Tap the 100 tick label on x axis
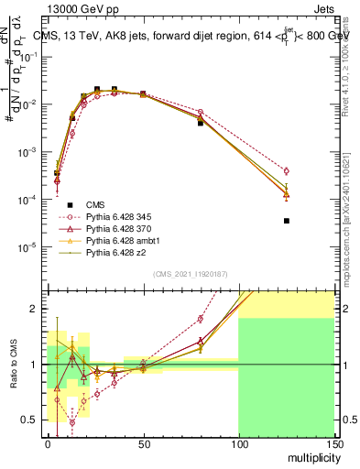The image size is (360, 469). coord(238,443)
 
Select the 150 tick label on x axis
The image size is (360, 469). coord(333,443)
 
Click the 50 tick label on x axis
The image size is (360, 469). coord(143,443)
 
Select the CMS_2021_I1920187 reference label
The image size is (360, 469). coord(191,274)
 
